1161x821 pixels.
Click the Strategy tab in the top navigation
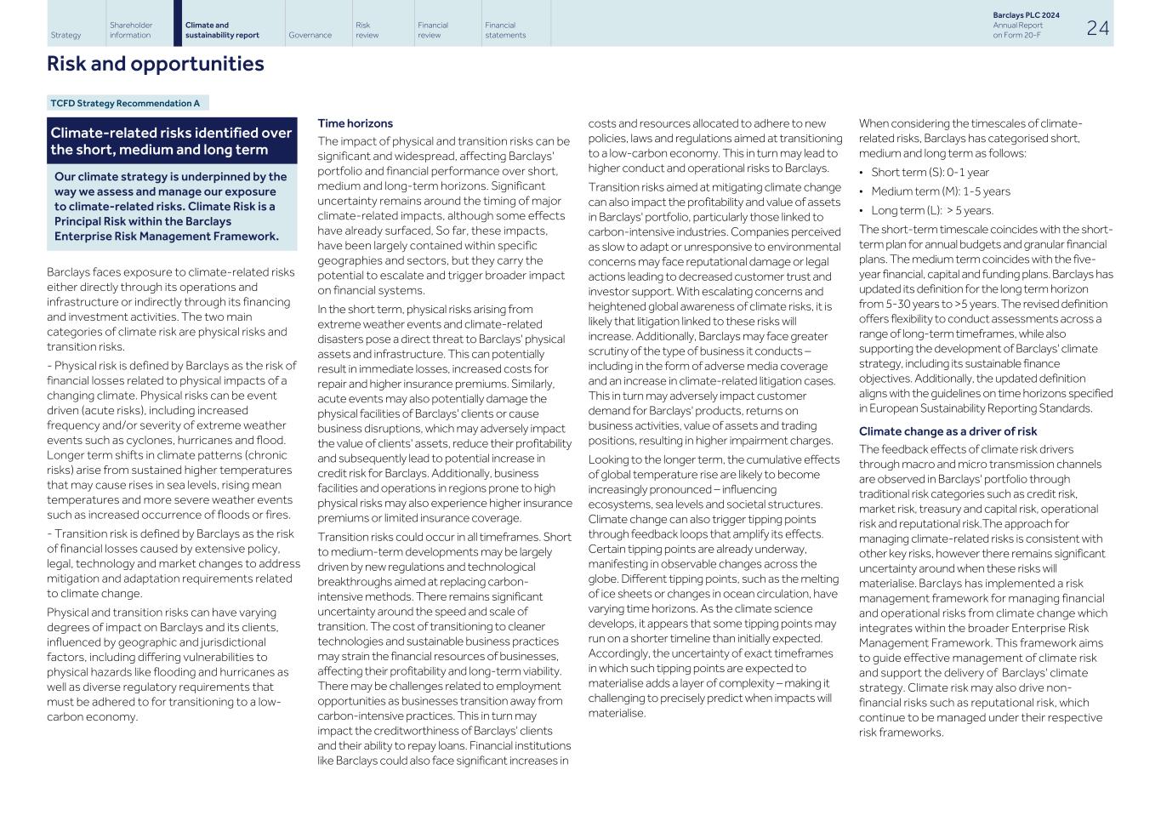coord(66,35)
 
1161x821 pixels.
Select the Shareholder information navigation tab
coord(131,30)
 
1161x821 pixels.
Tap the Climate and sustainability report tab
coord(222,30)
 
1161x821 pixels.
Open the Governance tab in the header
coord(310,35)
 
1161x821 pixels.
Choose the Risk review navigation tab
coord(367,30)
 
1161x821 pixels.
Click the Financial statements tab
coord(505,30)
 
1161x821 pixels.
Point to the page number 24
coord(1097,28)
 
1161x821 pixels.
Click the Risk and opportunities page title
coord(155,64)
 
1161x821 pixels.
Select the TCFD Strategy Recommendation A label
coord(125,103)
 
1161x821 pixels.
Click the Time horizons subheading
coord(355,123)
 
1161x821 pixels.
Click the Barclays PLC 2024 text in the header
coord(1026,15)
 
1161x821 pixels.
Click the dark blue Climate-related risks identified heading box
coord(171,141)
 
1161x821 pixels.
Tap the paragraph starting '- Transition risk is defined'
coord(173,563)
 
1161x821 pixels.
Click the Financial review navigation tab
coord(432,30)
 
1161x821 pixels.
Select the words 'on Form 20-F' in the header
coord(1016,35)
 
